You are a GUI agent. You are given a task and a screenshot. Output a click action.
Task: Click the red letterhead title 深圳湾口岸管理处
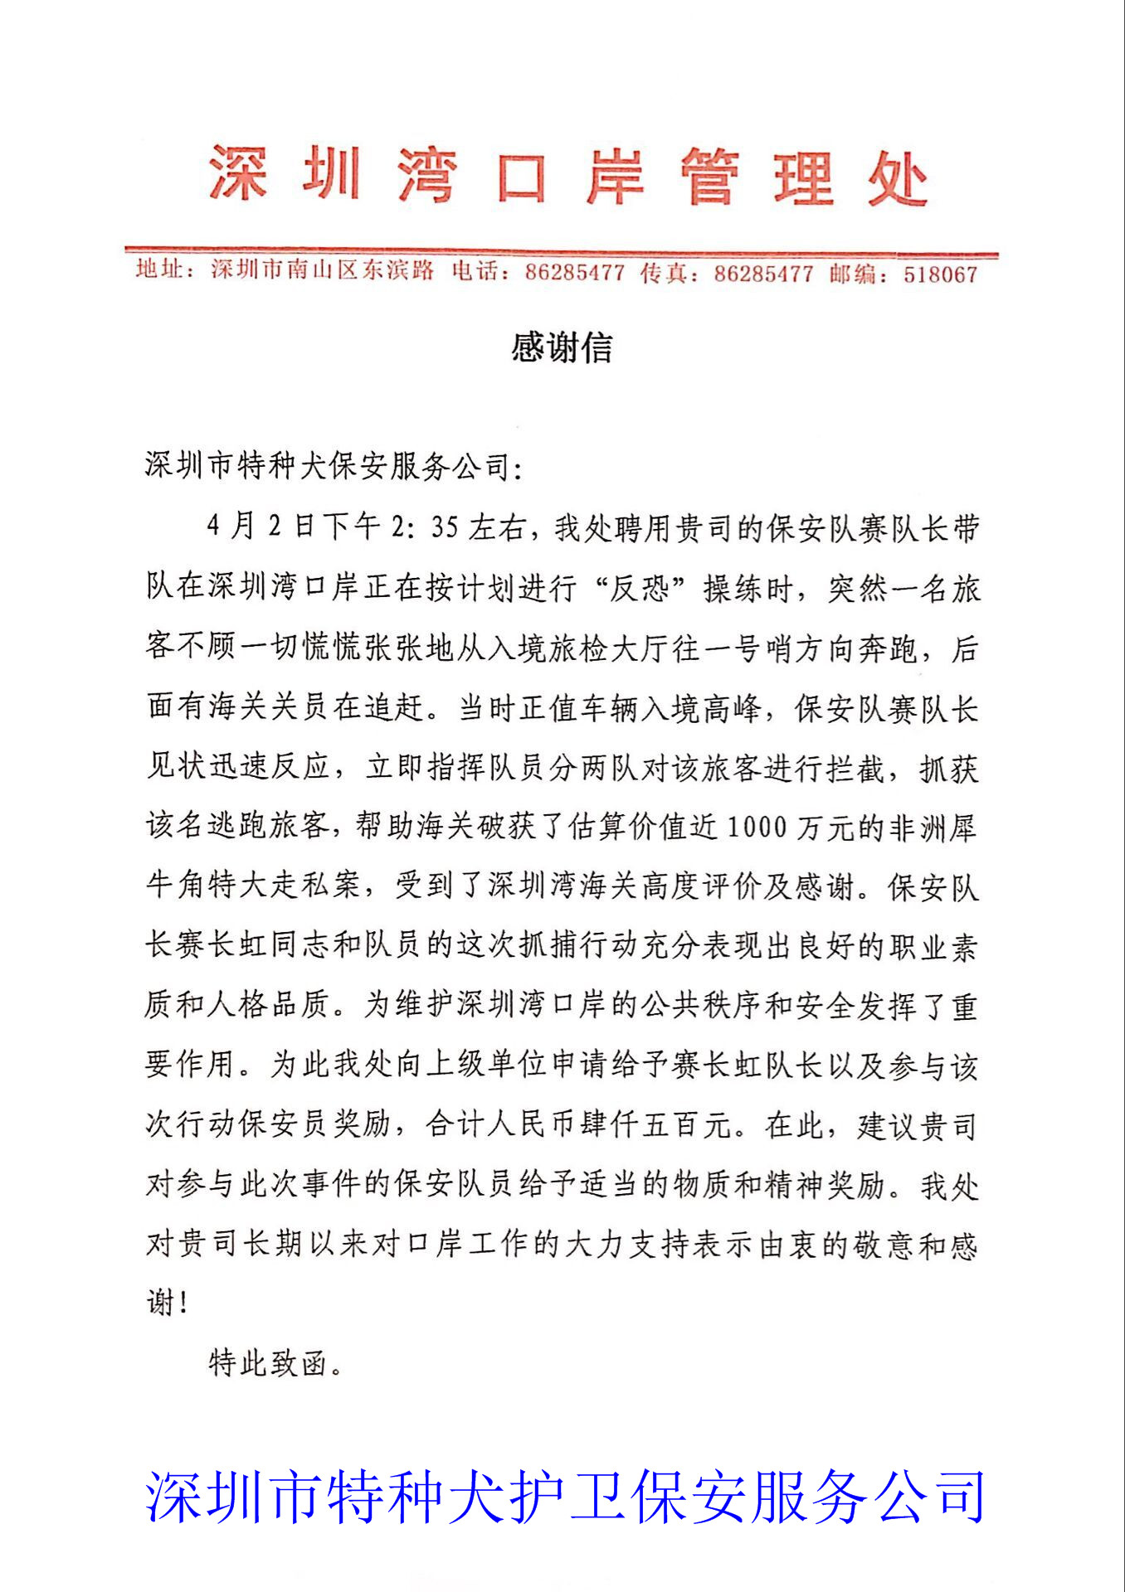coord(567,176)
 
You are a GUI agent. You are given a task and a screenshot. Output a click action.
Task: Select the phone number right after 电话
coord(574,273)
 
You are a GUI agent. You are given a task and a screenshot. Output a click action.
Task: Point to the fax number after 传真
coord(763,274)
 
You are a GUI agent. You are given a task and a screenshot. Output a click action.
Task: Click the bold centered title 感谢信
coord(562,347)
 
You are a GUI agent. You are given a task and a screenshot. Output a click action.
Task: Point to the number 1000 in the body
coord(756,827)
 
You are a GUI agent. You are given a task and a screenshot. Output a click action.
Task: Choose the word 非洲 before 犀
coord(918,827)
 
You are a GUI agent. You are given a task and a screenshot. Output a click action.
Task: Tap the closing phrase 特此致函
coord(267,1363)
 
